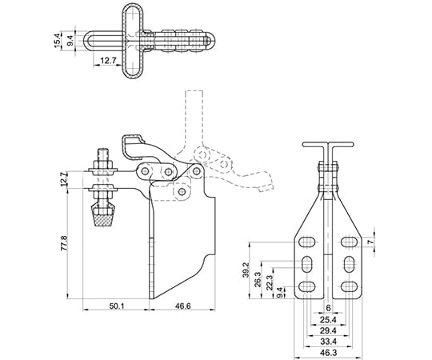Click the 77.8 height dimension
tap(64, 243)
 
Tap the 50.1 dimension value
tap(117, 306)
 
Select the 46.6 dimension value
tap(183, 306)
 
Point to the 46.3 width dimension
tap(329, 353)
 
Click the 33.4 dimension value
tap(329, 342)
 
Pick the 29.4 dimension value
tap(329, 330)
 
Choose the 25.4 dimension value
tap(329, 320)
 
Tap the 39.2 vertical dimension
tap(246, 270)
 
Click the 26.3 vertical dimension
tap(258, 279)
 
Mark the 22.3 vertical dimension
tap(270, 282)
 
